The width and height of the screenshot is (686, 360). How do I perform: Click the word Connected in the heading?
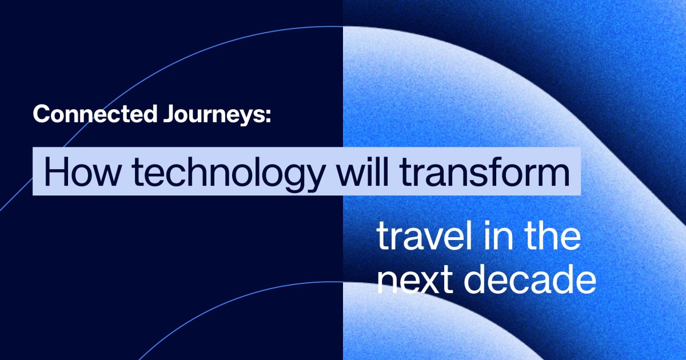95,114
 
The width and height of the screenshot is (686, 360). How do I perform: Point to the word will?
362,171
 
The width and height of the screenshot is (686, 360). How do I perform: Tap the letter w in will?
352,175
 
